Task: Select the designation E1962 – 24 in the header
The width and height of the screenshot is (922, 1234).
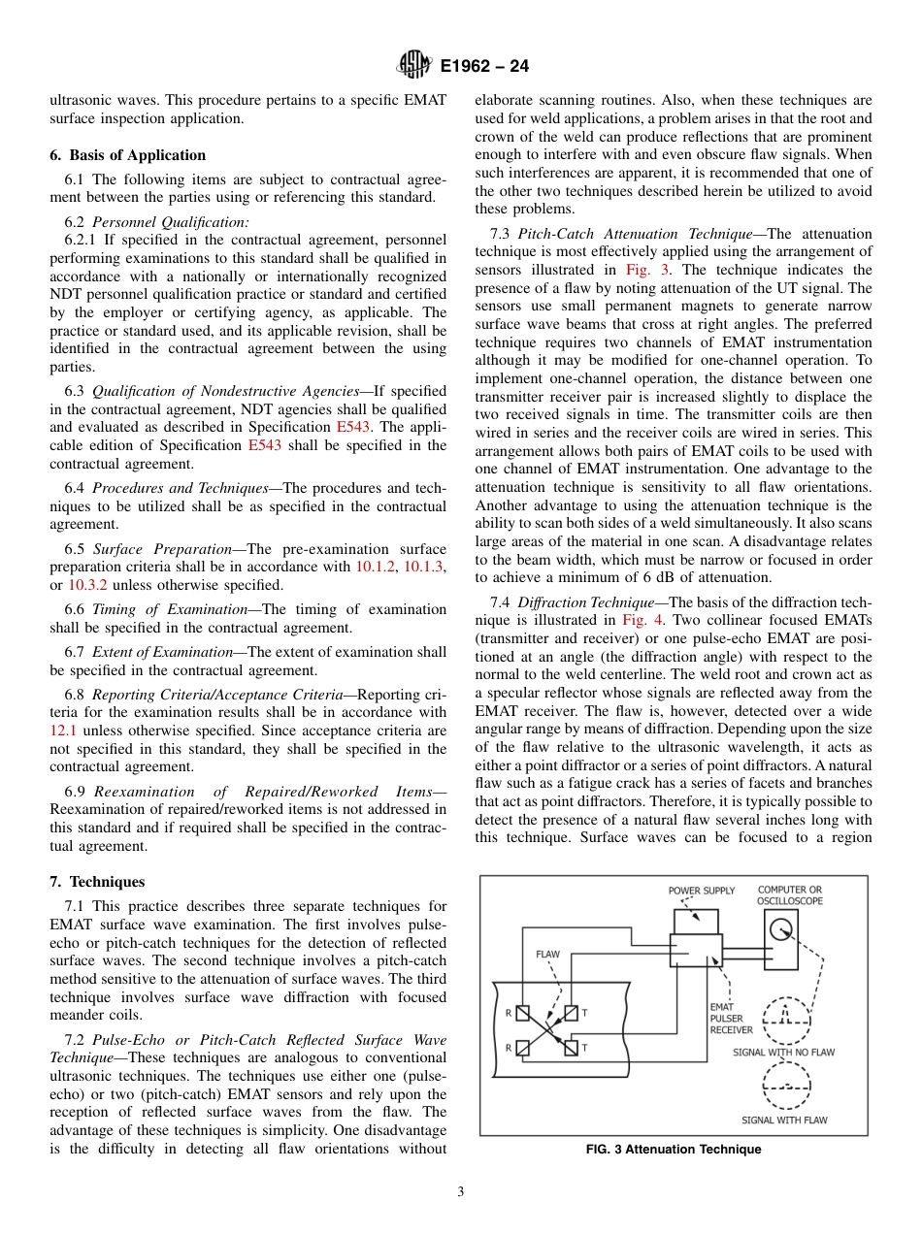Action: (x=484, y=67)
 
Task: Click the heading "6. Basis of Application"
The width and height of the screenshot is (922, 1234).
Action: (x=127, y=155)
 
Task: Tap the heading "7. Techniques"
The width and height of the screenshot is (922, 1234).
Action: (x=97, y=882)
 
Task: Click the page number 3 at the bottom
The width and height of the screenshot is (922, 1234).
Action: (x=461, y=1192)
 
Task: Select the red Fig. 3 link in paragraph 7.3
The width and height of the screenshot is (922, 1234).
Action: (x=650, y=270)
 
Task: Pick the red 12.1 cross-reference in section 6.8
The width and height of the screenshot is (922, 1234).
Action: (x=63, y=731)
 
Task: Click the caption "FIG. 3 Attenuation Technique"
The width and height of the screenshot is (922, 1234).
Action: (x=674, y=1150)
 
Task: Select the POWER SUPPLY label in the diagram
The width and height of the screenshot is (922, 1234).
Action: (x=701, y=891)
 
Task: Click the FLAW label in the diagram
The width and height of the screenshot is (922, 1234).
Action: (x=547, y=955)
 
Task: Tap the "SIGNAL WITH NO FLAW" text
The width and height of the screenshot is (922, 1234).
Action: (x=783, y=1052)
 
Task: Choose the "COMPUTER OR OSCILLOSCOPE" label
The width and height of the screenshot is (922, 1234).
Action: (x=789, y=895)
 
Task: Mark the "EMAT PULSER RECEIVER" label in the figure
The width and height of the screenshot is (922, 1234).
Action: (x=731, y=1019)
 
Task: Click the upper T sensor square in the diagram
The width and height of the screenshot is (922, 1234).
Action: (x=570, y=1013)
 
